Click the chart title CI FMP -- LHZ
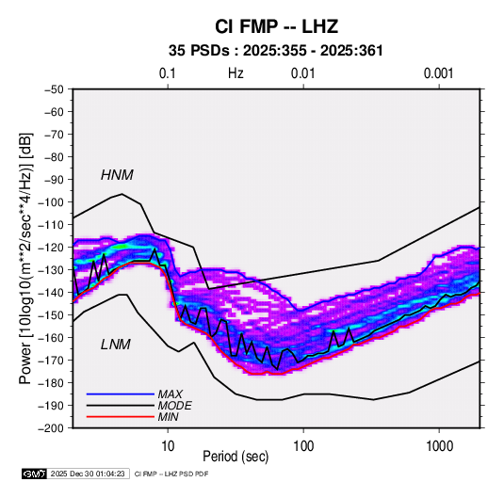[x=276, y=26]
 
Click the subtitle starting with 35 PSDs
[x=276, y=51]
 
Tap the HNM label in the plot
[x=117, y=175]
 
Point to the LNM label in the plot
[x=116, y=345]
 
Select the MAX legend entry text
[x=170, y=394]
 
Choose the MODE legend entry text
[x=175, y=406]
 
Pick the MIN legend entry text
[x=168, y=417]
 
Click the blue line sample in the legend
[x=121, y=394]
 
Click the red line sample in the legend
[x=121, y=417]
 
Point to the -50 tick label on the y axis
[x=54, y=89]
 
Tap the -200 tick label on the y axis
[x=52, y=428]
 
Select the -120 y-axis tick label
[x=52, y=248]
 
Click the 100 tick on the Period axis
[x=303, y=446]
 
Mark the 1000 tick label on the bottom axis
[x=439, y=446]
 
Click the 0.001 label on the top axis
[x=438, y=73]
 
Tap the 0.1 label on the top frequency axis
[x=168, y=73]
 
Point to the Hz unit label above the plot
[x=236, y=73]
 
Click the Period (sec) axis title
[x=236, y=457]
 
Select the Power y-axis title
[x=25, y=259]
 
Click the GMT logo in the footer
[x=35, y=474]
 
